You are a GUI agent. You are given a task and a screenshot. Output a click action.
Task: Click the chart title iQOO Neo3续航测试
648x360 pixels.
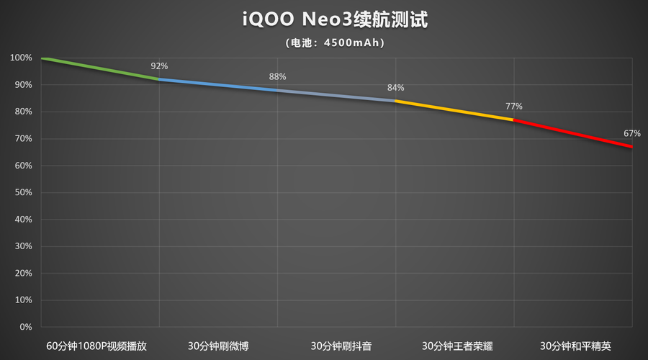tap(335, 19)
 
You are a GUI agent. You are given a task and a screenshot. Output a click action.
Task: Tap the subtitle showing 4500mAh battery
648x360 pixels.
tap(335, 42)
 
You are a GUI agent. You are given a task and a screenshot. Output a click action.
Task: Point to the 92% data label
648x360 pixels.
tap(159, 66)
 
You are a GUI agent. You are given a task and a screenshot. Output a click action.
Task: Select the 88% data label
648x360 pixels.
tap(277, 76)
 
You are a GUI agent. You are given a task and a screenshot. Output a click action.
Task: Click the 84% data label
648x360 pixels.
tap(395, 88)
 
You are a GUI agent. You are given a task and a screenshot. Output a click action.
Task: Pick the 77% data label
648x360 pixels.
tap(513, 107)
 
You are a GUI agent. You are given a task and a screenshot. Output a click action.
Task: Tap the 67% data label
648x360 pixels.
tap(631, 133)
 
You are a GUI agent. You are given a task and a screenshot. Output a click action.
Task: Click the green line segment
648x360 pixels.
tap(101, 68)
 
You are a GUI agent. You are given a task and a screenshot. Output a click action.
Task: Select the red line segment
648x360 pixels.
tap(572, 133)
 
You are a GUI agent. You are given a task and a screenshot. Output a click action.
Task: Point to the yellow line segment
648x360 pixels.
tap(454, 109)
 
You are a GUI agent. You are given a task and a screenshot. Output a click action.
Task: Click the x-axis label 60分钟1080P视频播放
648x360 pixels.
tap(96, 346)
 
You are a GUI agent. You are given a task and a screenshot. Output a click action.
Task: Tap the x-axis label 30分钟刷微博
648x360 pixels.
tap(218, 346)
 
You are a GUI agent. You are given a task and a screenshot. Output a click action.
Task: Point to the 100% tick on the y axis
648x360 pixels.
tap(22, 58)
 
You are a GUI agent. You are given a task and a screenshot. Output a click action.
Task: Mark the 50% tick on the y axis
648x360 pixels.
tap(22, 192)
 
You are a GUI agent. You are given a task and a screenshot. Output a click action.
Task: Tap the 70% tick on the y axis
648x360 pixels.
tap(22, 138)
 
